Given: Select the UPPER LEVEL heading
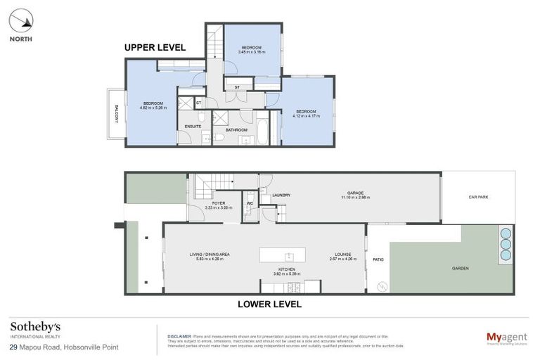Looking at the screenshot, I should [155, 48].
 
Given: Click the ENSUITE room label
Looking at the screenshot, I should [193, 127].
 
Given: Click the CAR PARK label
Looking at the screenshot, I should [478, 197].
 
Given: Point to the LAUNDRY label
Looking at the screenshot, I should [281, 195].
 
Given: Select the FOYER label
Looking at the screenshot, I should [219, 202].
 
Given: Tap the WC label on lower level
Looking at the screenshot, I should [249, 204].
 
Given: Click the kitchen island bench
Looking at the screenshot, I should [288, 255].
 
